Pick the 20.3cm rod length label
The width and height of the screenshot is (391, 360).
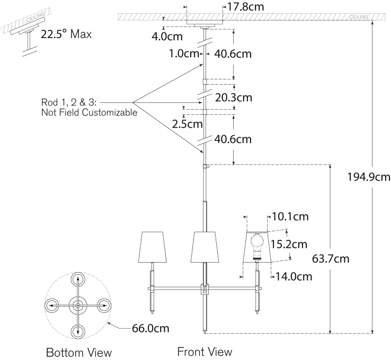234,97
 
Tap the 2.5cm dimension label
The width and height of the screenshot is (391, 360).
187,124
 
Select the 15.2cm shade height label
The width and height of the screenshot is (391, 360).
288,244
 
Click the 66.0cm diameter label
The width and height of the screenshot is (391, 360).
150,328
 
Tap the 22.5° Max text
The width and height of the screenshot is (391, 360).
66,35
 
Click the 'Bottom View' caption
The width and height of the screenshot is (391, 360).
79,353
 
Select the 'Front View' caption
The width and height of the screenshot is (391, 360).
205,352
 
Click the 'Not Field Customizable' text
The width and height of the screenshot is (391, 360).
89,113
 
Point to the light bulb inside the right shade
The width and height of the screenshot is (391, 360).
257,241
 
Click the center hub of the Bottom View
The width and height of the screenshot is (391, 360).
78,306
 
